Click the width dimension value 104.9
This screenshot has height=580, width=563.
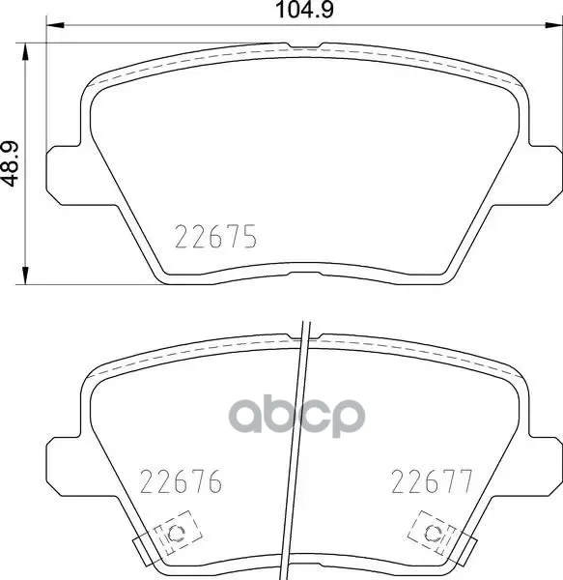[305, 10]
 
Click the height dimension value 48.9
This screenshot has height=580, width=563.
[10, 163]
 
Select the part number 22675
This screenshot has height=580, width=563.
[215, 237]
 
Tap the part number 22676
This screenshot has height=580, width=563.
[181, 481]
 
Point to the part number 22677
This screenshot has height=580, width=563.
[432, 481]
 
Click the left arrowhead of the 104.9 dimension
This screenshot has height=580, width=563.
[55, 25]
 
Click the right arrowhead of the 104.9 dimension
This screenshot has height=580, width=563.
[554, 25]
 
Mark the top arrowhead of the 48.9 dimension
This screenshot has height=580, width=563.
[25, 52]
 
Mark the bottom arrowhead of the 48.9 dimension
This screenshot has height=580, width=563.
[25, 275]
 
